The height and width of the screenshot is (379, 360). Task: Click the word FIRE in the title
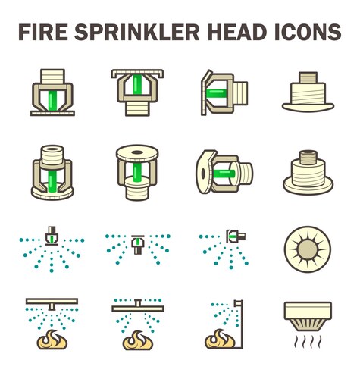pos(43,32)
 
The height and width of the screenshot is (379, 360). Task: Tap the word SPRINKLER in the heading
pos(137,32)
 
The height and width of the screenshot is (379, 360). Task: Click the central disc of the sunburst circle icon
pos(308,249)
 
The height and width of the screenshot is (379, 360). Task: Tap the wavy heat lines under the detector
pos(308,342)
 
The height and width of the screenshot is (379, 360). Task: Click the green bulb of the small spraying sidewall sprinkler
pos(232,236)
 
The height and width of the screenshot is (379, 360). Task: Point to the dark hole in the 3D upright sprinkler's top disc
pos(137,152)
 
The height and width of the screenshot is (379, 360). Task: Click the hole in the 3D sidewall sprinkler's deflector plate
pos(203,173)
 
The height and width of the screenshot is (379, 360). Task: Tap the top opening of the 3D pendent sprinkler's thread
pos(52,149)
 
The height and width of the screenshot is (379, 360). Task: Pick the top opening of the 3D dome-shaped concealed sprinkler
pos(308,153)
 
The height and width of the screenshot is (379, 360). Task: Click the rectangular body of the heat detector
pos(308,311)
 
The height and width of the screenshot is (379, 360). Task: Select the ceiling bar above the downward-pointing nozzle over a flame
pos(52,301)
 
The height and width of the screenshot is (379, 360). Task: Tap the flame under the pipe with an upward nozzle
pos(138,340)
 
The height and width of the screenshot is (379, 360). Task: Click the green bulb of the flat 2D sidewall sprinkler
pos(215,93)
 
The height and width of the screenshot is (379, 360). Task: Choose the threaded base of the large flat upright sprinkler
pos(137,108)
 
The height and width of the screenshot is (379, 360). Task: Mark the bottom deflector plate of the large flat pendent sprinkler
pos(52,114)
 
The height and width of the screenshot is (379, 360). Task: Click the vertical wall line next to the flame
pos(242,324)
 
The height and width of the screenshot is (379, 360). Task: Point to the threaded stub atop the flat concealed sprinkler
pos(308,78)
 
